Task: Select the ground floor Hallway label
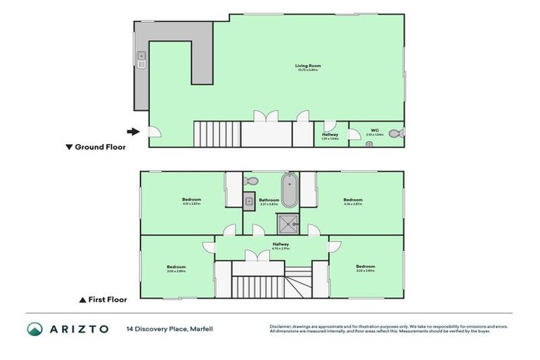tap(330, 136)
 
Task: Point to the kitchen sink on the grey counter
tap(141, 59)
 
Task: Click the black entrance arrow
tap(132, 131)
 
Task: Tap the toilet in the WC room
tap(394, 132)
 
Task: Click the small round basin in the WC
tap(368, 143)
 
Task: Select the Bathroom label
tap(269, 201)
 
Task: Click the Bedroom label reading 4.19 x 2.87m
tap(191, 201)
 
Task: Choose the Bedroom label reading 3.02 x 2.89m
tap(365, 268)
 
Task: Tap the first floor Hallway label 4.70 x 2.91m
tap(281, 246)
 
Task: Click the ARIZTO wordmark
tap(78, 328)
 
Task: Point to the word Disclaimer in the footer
tap(282, 326)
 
